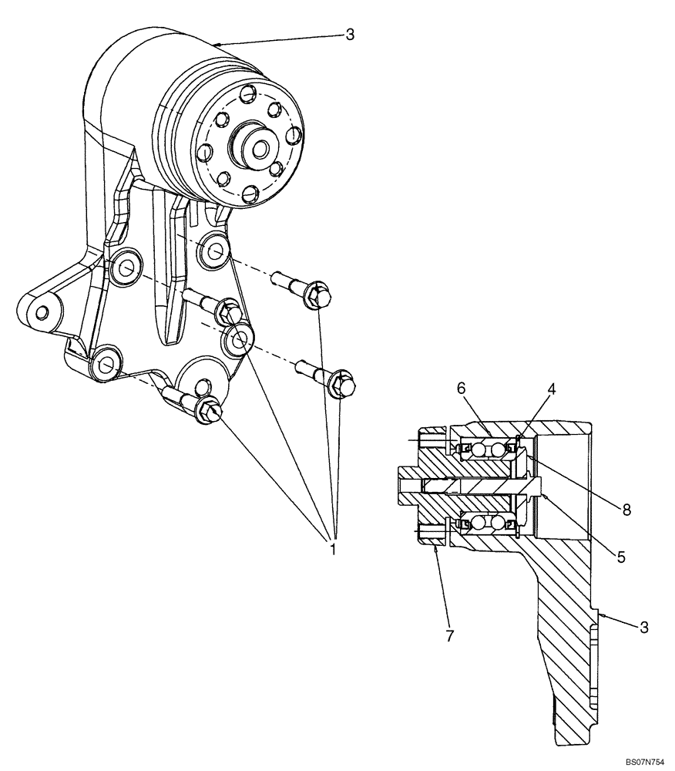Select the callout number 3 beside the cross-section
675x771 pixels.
click(643, 627)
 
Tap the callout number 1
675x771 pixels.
click(333, 550)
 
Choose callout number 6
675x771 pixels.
click(461, 389)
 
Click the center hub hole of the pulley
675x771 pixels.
click(257, 146)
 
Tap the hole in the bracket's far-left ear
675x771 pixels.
click(42, 311)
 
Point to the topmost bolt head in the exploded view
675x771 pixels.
click(317, 294)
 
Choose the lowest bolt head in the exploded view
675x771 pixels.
click(209, 409)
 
